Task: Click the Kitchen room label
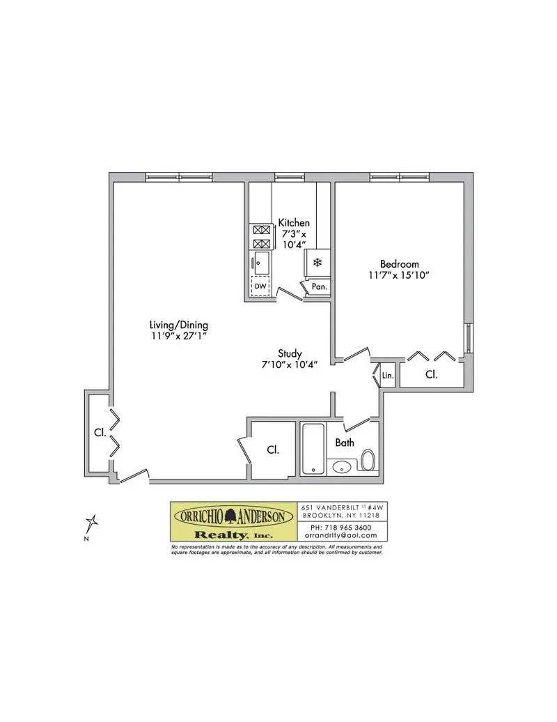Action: pyautogui.click(x=294, y=222)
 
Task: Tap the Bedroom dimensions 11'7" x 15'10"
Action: pyautogui.click(x=399, y=275)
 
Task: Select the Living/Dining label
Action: pyautogui.click(x=179, y=325)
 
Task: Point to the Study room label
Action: pyautogui.click(x=289, y=353)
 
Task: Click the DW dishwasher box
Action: pyautogui.click(x=260, y=286)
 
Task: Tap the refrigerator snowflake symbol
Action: pyautogui.click(x=317, y=263)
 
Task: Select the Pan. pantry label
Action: pyautogui.click(x=319, y=286)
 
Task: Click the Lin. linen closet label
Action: pyautogui.click(x=389, y=376)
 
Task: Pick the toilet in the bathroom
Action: pyautogui.click(x=368, y=459)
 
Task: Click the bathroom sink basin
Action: pyautogui.click(x=342, y=466)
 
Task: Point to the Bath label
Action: pyautogui.click(x=345, y=443)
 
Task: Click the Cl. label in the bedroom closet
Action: pyautogui.click(x=432, y=375)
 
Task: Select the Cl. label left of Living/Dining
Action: pyautogui.click(x=100, y=433)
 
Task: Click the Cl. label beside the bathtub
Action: pyautogui.click(x=273, y=450)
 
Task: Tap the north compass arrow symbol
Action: pyautogui.click(x=92, y=522)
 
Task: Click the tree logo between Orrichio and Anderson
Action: pyautogui.click(x=233, y=516)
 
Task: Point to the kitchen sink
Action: pyautogui.click(x=262, y=263)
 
